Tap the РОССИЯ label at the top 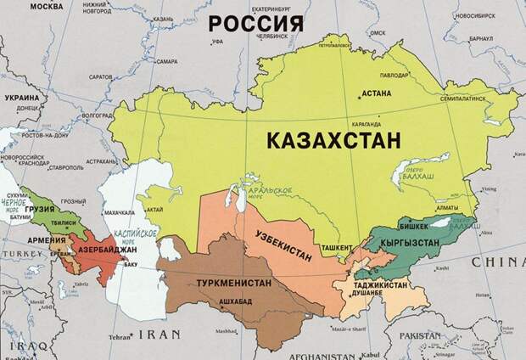pyautogui.click(x=255, y=23)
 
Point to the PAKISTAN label pyautogui.click(x=432, y=335)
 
